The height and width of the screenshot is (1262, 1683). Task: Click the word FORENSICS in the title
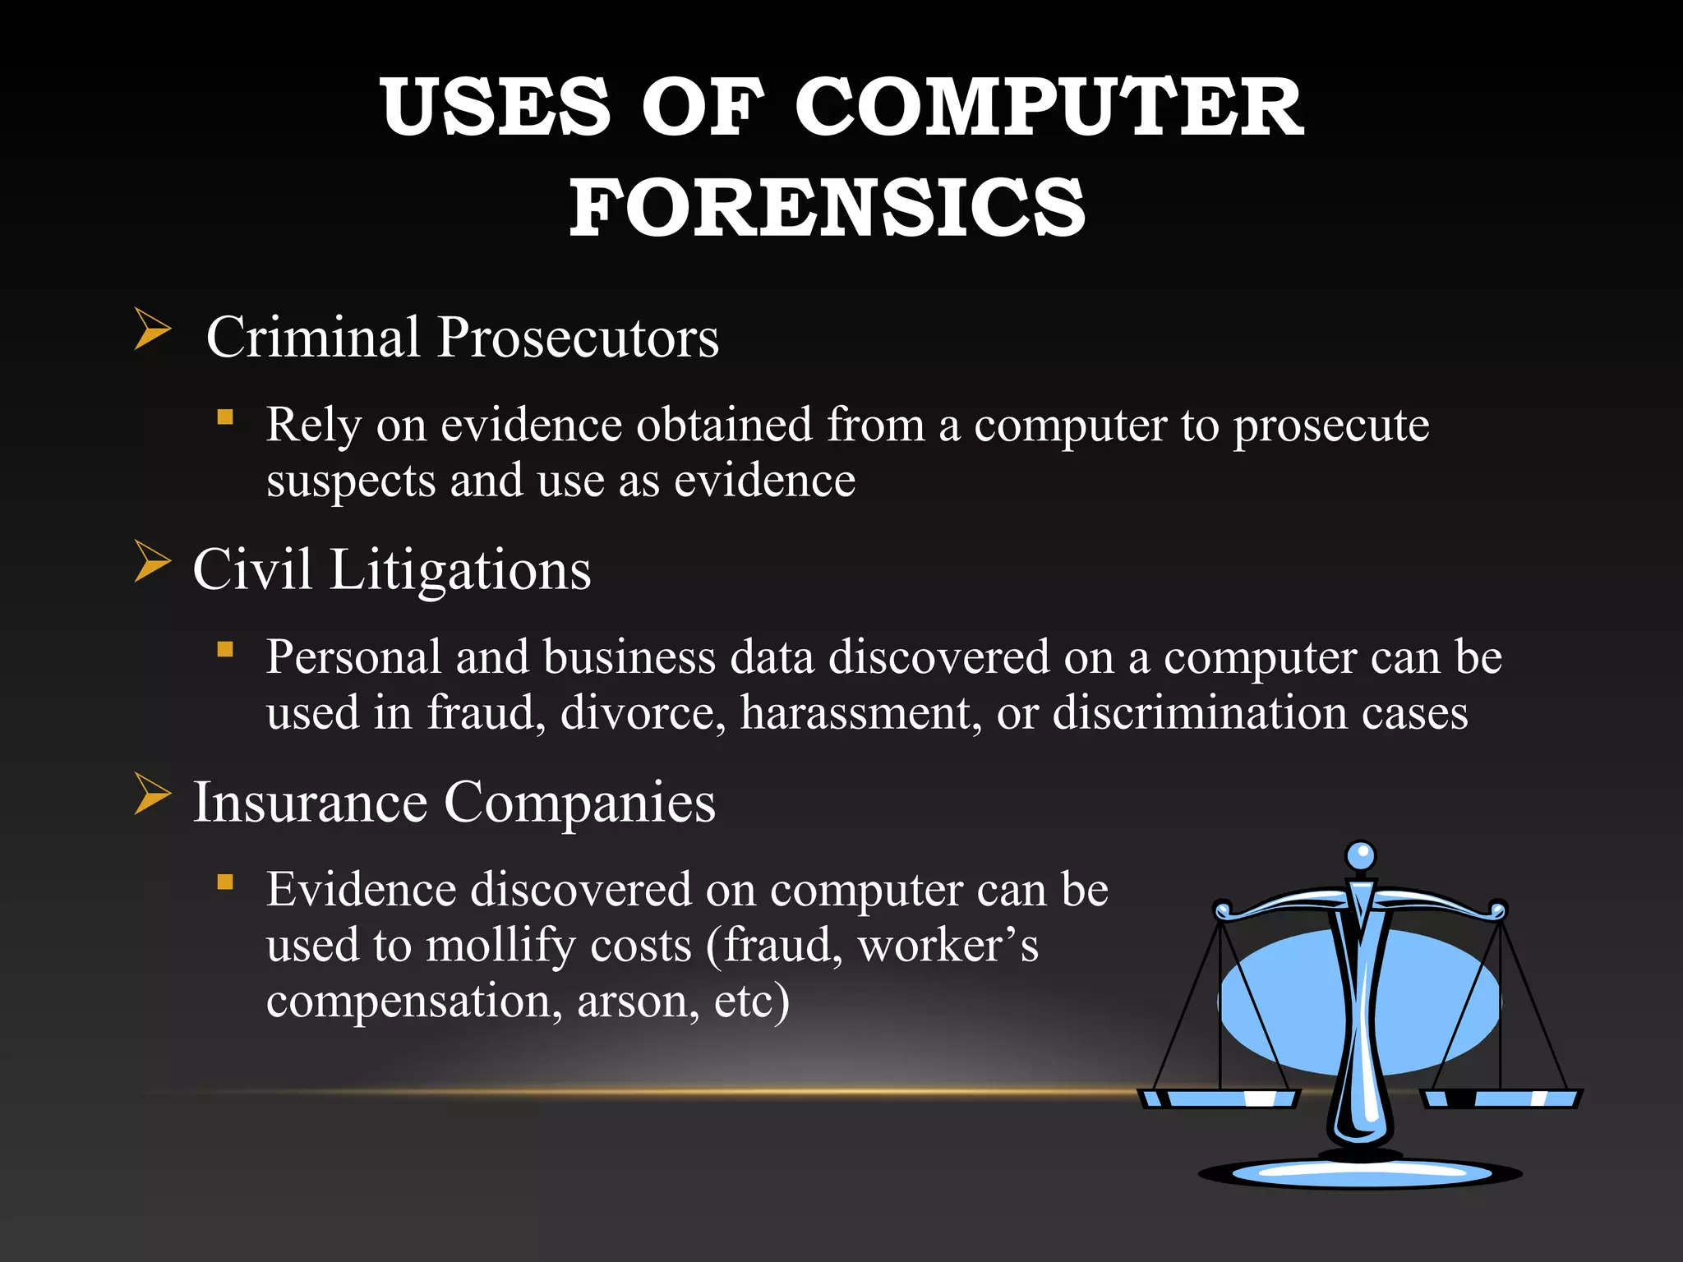(x=828, y=207)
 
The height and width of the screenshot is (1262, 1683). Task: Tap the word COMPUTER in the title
(x=1048, y=108)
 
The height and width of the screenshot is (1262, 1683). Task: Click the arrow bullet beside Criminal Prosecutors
(x=152, y=330)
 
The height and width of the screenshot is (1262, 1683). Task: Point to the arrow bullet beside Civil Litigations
(x=152, y=563)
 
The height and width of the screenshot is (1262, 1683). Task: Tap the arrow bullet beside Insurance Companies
(x=152, y=795)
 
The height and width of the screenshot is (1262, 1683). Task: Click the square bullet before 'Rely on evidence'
(x=225, y=417)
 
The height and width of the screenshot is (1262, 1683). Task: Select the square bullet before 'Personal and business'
(x=225, y=650)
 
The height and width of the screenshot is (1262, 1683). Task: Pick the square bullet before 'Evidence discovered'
(x=225, y=882)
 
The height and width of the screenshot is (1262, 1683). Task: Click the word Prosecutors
(x=578, y=338)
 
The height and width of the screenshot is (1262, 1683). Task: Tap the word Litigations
(x=460, y=570)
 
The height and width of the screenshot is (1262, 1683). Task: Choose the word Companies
(x=579, y=803)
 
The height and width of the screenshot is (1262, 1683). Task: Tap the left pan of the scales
(x=1220, y=1098)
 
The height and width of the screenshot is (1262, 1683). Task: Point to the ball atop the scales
(x=1361, y=855)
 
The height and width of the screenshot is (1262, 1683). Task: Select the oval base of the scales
(x=1360, y=1172)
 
